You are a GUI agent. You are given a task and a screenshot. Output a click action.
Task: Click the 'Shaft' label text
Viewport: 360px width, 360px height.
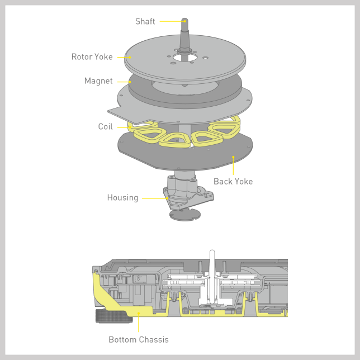click(x=145, y=21)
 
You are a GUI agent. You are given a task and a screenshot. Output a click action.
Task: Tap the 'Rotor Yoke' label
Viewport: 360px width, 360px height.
click(x=92, y=56)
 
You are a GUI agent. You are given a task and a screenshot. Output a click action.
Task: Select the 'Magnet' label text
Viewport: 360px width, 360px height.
click(x=98, y=81)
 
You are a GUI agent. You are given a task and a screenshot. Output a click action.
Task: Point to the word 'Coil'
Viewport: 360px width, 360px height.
click(x=106, y=126)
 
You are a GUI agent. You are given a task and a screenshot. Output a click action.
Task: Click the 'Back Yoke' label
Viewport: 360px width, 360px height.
click(x=233, y=181)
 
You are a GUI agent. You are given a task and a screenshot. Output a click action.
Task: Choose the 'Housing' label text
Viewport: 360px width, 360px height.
click(x=122, y=198)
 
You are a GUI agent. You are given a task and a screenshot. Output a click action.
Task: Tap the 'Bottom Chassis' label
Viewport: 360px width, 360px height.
click(x=139, y=339)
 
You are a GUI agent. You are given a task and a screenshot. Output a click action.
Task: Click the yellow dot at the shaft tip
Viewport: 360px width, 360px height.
click(x=185, y=21)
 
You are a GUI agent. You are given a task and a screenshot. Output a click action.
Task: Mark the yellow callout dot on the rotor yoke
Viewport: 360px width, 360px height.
click(x=130, y=58)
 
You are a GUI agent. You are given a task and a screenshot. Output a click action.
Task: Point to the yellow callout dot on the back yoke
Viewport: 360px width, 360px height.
click(x=233, y=157)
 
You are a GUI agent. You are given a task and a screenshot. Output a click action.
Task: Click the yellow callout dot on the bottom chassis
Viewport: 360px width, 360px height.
click(x=139, y=313)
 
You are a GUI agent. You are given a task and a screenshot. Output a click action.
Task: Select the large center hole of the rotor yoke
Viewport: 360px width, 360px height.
click(x=185, y=58)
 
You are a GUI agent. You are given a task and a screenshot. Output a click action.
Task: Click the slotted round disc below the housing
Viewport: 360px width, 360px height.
click(x=185, y=215)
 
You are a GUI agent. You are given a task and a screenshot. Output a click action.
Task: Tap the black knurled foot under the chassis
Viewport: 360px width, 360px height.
click(x=114, y=316)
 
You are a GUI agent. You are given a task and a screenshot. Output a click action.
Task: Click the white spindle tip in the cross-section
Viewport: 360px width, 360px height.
click(x=212, y=252)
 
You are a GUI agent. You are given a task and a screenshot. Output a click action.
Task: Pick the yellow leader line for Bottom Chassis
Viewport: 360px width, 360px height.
click(x=139, y=323)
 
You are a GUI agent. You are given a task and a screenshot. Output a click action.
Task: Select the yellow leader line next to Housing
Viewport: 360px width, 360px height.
click(x=155, y=198)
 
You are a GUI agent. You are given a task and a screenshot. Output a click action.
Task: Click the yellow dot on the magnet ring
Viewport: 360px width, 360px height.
click(x=130, y=82)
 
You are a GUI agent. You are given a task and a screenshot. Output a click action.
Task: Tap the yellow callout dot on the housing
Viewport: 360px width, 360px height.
click(x=167, y=198)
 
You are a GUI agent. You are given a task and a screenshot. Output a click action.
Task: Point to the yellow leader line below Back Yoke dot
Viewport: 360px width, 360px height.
click(x=233, y=166)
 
